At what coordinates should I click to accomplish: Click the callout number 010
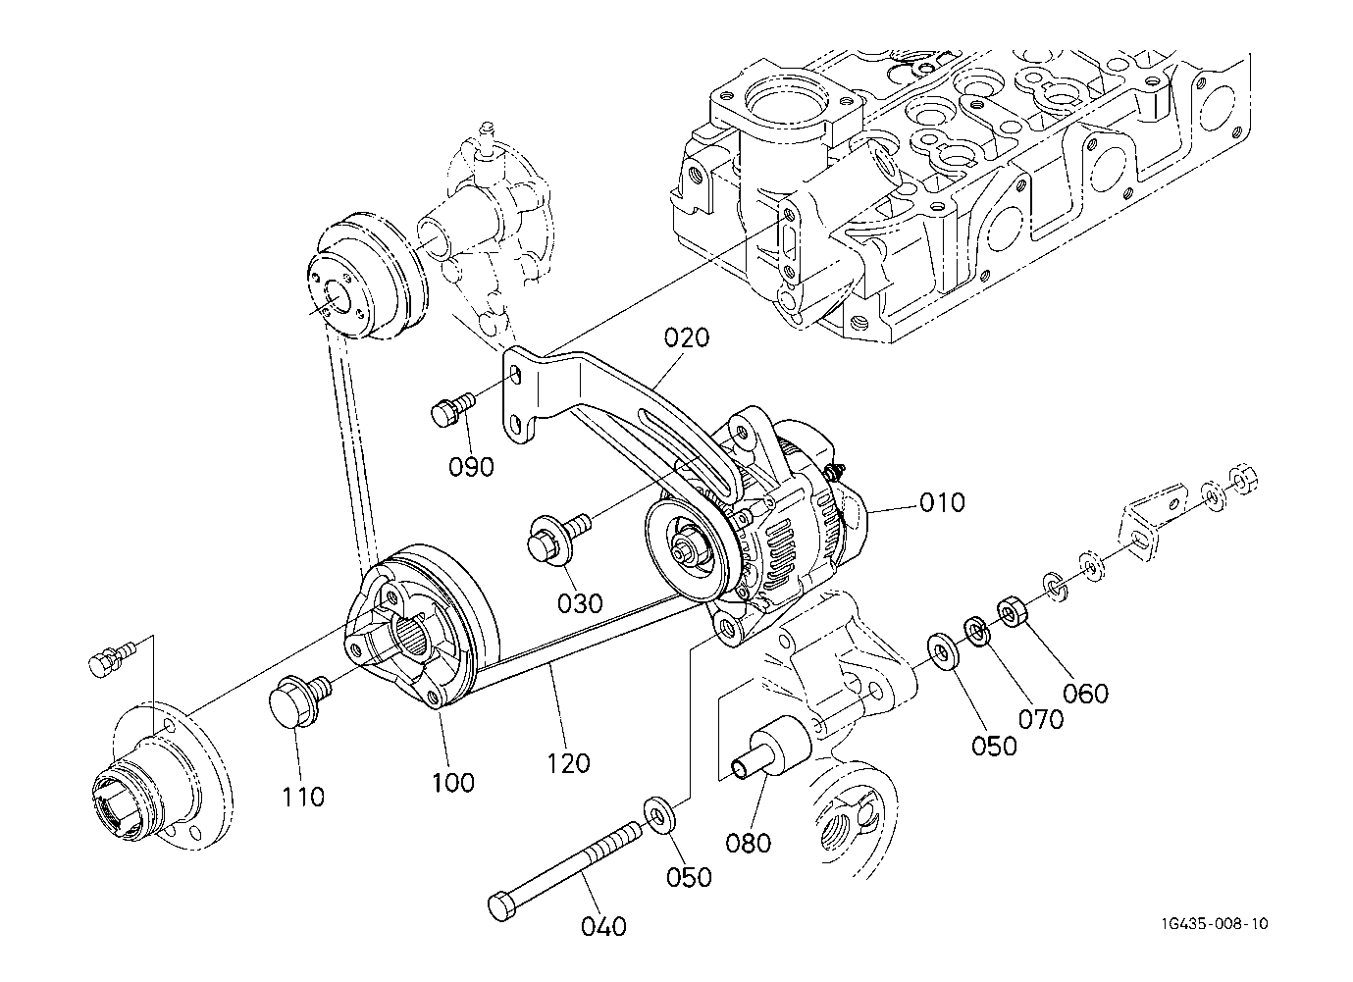pyautogui.click(x=942, y=502)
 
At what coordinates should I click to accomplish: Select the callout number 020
pyautogui.click(x=687, y=337)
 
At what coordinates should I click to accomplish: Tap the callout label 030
pyautogui.click(x=580, y=603)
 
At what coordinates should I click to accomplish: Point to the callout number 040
pyautogui.click(x=603, y=926)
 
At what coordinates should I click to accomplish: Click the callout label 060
pyautogui.click(x=1086, y=694)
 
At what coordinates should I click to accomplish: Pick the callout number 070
pyautogui.click(x=1041, y=719)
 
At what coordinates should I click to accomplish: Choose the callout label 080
pyautogui.click(x=749, y=843)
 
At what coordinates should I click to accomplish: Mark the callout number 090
pyautogui.click(x=471, y=466)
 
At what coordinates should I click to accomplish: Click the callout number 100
pyautogui.click(x=453, y=783)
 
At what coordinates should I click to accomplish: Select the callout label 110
pyautogui.click(x=304, y=798)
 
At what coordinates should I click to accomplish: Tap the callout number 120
pyautogui.click(x=568, y=763)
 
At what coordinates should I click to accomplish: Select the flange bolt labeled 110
pyautogui.click(x=299, y=699)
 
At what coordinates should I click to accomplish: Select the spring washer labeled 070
pyautogui.click(x=977, y=632)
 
